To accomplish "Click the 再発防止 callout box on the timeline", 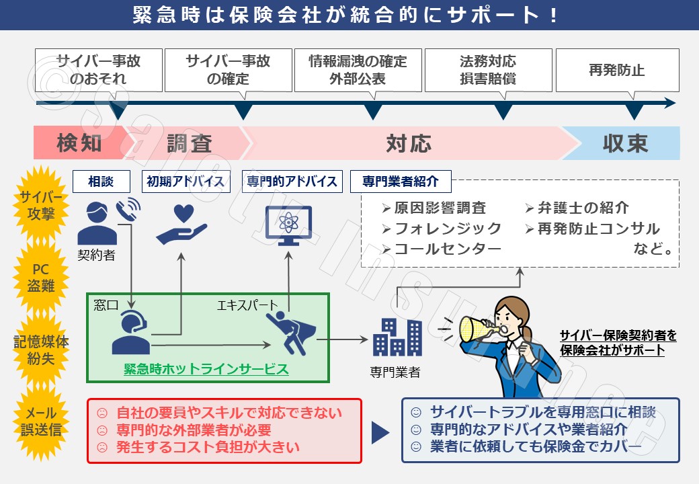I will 616,70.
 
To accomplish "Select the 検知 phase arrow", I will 79,143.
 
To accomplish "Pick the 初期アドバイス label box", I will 185,181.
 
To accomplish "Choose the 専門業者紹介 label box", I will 400,181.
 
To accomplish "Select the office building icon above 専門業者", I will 397,337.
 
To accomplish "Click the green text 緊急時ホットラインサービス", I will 206,369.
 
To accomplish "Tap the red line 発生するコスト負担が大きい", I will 208,447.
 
